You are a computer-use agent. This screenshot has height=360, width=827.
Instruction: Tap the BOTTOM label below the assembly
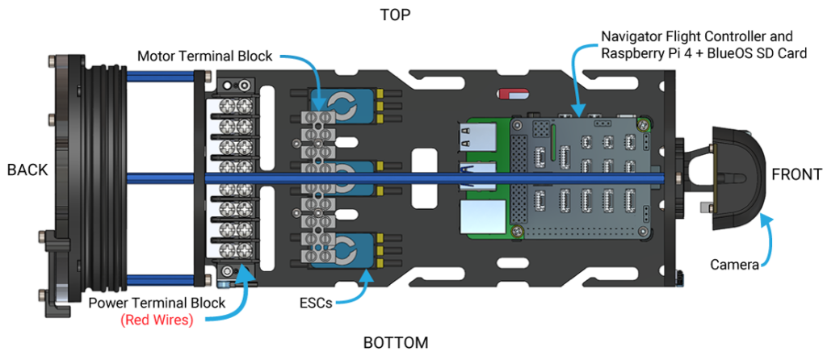click(x=396, y=342)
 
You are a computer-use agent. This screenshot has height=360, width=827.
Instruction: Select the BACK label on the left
click(x=27, y=170)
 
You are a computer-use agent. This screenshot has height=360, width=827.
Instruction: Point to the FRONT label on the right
click(x=796, y=174)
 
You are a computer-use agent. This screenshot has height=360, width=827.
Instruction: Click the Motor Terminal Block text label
click(x=205, y=57)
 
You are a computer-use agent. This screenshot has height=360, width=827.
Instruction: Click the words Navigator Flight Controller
click(x=697, y=37)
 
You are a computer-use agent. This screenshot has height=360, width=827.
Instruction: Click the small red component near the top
click(x=512, y=94)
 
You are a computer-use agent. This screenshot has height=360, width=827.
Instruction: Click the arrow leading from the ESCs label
click(x=355, y=291)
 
